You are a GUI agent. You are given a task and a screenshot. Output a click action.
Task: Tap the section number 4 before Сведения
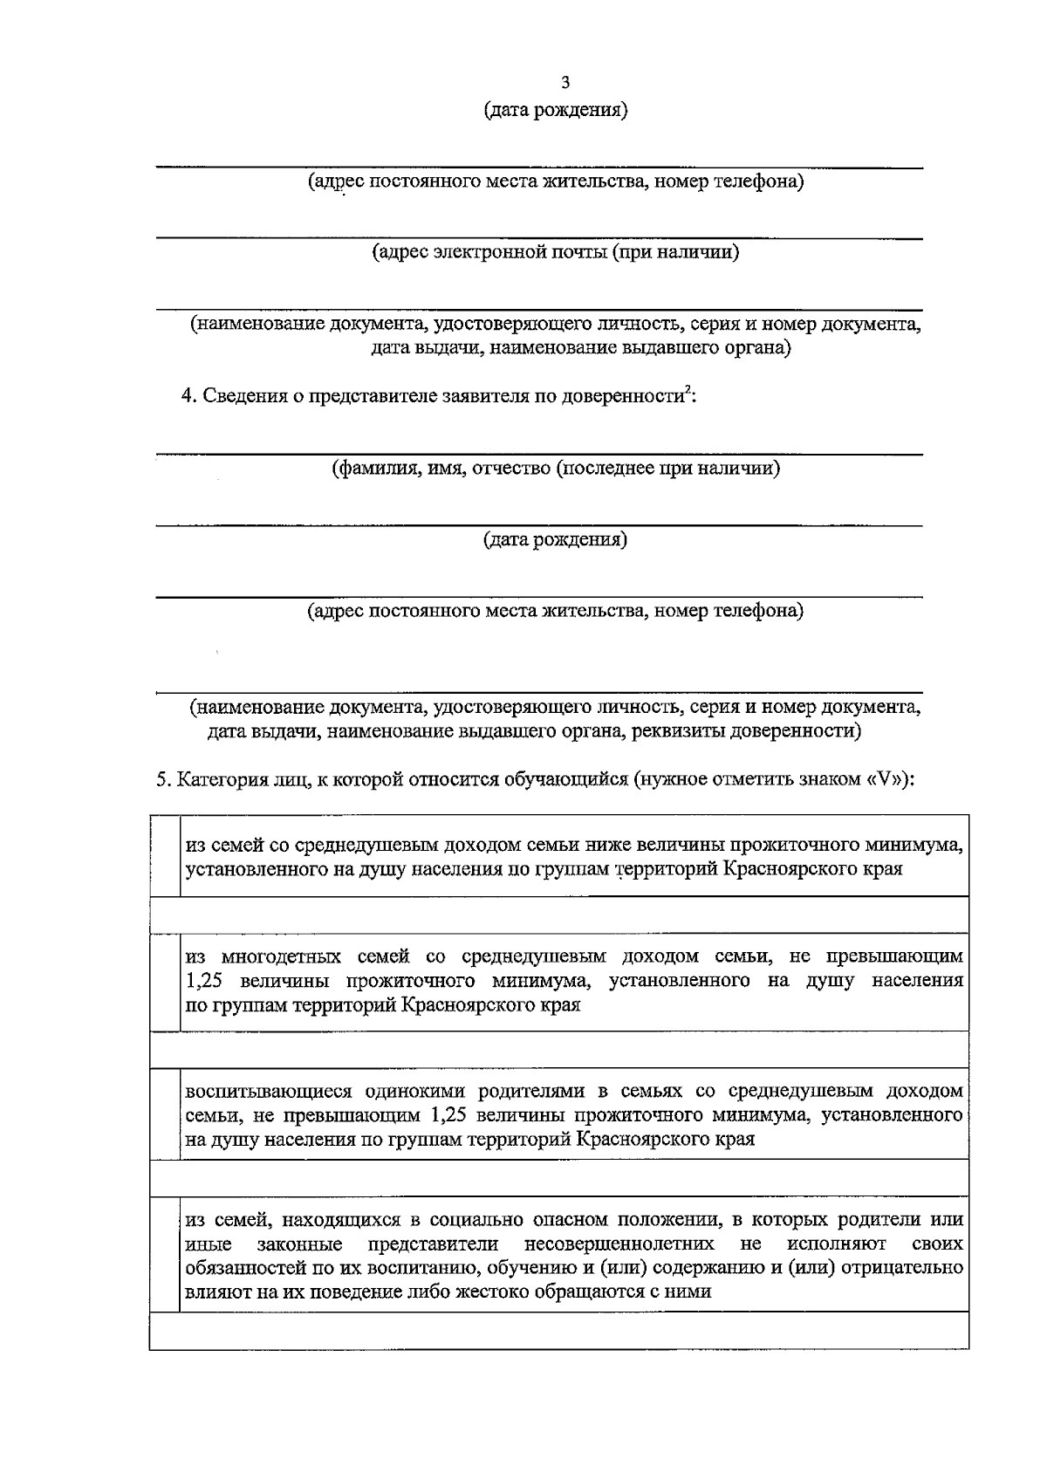(x=187, y=396)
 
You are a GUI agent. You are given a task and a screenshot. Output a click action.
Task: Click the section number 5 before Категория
(x=162, y=779)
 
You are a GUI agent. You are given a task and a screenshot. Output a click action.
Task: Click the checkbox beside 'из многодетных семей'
(x=165, y=981)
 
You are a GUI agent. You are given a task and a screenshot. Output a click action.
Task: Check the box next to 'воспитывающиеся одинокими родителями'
(x=165, y=1114)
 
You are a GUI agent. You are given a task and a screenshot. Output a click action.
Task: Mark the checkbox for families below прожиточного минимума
(x=165, y=856)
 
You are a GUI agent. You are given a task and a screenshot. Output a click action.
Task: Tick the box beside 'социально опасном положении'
(x=165, y=1255)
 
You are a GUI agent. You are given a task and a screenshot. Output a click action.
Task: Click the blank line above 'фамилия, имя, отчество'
(x=538, y=454)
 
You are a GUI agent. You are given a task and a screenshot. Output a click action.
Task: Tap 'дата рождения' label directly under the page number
(x=556, y=111)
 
